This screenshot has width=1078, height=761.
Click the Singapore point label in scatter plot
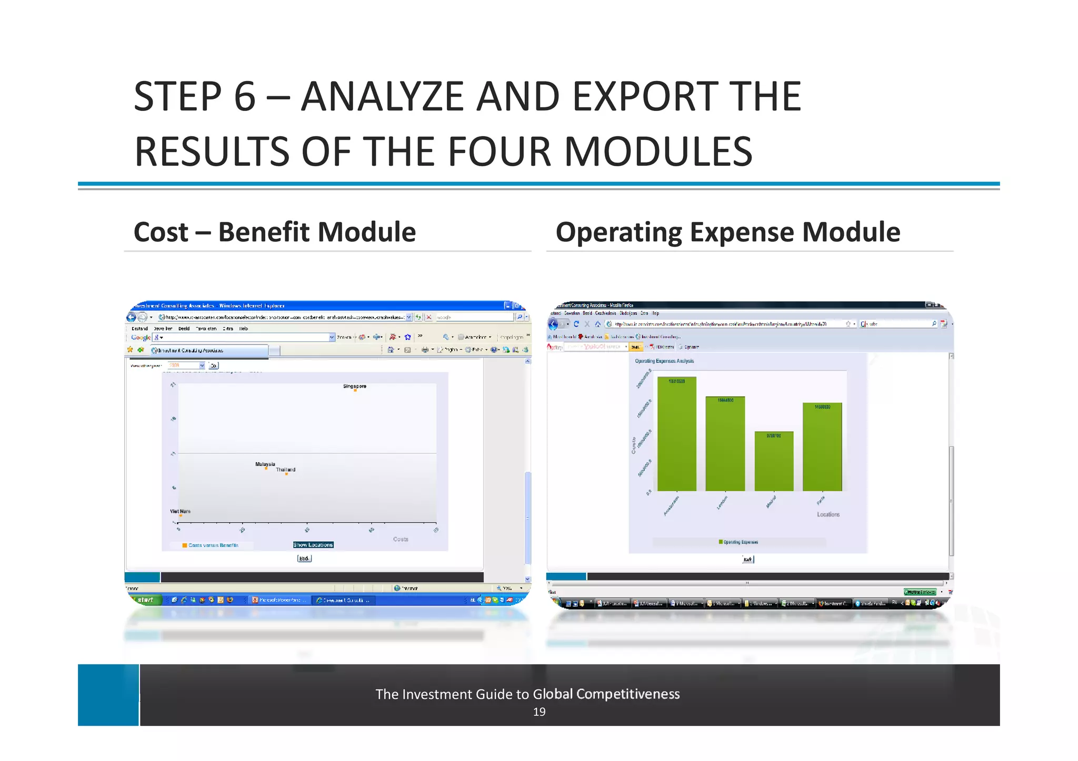[x=354, y=386]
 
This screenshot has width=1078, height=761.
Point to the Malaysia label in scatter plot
[x=265, y=464]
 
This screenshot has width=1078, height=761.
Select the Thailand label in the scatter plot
[x=285, y=470]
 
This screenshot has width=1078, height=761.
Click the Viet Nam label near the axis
[x=180, y=511]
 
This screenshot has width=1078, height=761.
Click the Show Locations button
[x=313, y=545]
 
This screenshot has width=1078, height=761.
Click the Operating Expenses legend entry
[x=740, y=542]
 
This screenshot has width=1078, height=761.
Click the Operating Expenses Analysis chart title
[x=664, y=361]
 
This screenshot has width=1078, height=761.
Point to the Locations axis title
[x=828, y=514]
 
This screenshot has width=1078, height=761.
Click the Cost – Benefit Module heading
[x=274, y=232]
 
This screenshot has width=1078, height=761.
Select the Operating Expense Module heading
[x=727, y=232]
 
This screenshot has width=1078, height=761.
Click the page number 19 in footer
[x=539, y=712]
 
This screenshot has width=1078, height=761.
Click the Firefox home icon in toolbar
[x=597, y=324]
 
